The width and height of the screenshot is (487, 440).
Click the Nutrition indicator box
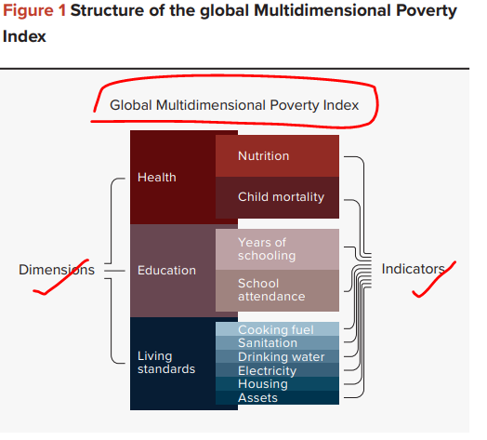pos(277,155)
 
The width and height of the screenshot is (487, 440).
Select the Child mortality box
pos(277,197)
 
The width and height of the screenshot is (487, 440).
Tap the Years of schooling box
pos(277,249)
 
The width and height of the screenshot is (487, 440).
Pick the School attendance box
pos(277,290)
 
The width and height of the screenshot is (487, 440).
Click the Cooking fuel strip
pos(277,329)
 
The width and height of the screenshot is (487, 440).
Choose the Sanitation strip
pos(277,342)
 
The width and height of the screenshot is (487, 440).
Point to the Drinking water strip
pos(277,356)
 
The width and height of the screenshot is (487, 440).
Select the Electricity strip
pos(277,370)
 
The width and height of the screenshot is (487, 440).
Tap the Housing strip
pos(277,383)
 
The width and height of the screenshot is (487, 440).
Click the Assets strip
pos(277,397)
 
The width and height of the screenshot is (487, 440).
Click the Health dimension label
pos(157,178)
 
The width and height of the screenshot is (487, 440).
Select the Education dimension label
pos(166,270)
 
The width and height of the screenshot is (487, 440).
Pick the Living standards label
pos(166,362)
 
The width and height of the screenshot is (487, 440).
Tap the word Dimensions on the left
pos(57,270)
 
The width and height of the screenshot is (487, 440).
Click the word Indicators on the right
pos(413,269)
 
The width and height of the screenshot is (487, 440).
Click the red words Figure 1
pos(34,11)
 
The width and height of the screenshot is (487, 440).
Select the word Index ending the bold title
pos(24,36)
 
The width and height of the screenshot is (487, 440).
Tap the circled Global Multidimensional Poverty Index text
pos(234,105)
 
